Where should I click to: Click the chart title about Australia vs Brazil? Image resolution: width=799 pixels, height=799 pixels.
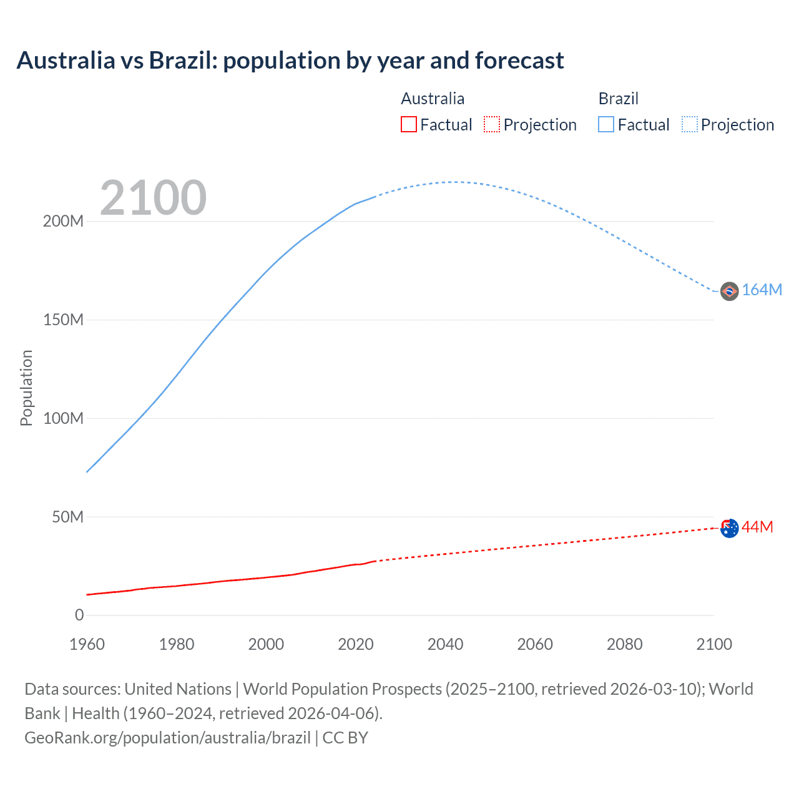pos(290,61)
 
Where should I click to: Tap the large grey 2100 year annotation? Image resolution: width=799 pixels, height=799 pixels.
pos(153,198)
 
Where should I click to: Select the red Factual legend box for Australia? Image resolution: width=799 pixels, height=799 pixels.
pos(408,125)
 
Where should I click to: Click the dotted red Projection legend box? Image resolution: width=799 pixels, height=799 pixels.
pos(492,125)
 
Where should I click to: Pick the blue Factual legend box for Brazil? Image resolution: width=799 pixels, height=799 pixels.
pos(605,125)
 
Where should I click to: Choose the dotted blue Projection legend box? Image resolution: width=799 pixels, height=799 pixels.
pos(690,125)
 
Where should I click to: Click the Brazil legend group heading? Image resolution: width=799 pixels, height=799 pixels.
pos(618,99)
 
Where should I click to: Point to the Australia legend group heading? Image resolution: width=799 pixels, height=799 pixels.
pos(433,99)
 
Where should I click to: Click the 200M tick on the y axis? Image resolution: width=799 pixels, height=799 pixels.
pos(63,222)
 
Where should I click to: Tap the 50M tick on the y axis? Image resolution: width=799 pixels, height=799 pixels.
pos(67,517)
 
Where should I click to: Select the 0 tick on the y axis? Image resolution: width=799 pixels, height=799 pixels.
pos(79,615)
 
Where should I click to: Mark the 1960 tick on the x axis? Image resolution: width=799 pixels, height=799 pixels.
pos(87,644)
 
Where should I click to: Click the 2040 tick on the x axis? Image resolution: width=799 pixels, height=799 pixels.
pos(445,644)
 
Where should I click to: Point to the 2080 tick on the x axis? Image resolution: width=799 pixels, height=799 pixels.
pos(624,644)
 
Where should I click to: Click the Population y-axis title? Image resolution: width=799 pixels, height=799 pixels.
pos(26,388)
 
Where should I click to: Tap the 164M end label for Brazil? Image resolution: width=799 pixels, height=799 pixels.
pos(762,290)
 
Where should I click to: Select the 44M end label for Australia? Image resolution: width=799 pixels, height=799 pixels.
pos(757,527)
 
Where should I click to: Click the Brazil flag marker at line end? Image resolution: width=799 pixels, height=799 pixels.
pos(729,291)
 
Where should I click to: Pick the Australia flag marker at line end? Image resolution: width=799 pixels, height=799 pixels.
pos(729,528)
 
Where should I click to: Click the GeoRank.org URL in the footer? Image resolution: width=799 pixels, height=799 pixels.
pos(167,738)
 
